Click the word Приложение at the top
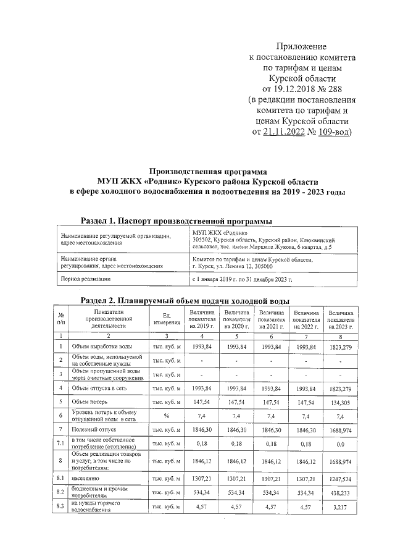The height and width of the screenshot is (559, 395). coord(301,46)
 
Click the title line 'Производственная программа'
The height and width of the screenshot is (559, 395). coord(207,171)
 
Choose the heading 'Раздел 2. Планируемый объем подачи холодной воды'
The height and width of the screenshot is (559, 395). coord(185,300)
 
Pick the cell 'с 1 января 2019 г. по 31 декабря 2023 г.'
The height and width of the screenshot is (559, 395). coord(242,280)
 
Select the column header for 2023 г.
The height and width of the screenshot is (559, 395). coord(341,319)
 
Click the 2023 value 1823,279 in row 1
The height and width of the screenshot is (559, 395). coord(341,347)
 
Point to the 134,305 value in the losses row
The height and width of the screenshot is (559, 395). coord(341,402)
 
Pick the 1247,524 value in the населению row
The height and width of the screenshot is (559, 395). coord(341,479)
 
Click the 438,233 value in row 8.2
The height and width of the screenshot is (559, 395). coord(341,494)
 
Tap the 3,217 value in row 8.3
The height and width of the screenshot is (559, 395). coord(341,507)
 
